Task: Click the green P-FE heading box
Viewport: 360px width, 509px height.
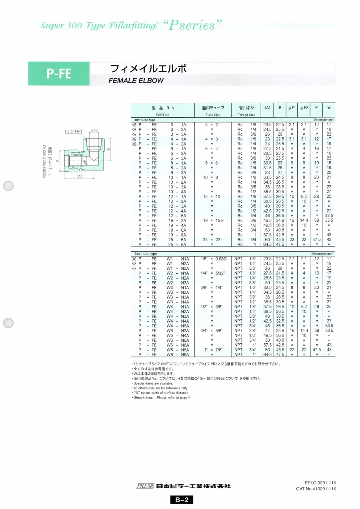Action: click(x=59, y=74)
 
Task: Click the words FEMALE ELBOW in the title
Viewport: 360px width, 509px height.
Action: click(x=136, y=81)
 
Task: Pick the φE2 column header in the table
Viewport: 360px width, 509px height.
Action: click(x=304, y=108)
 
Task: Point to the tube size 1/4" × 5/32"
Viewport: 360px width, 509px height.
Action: click(x=212, y=273)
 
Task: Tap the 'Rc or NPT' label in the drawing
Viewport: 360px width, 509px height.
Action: click(x=74, y=131)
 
